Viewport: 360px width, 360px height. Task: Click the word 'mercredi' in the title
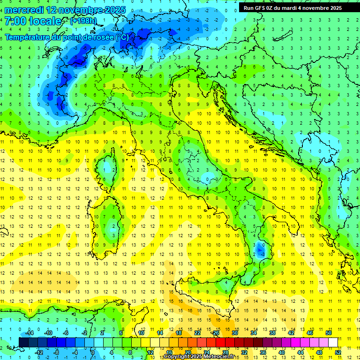[25, 9]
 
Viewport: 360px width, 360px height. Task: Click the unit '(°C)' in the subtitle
[121, 37]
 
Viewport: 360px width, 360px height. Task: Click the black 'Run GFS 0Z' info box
[292, 8]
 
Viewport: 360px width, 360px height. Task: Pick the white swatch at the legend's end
[333, 342]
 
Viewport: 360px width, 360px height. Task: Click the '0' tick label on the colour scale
[93, 352]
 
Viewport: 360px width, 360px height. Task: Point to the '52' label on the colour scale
[338, 352]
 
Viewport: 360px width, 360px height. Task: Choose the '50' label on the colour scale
[329, 333]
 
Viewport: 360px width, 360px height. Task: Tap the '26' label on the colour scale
[216, 333]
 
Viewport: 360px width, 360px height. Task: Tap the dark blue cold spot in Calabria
[261, 249]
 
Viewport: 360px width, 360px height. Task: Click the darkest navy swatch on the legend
[23, 342]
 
